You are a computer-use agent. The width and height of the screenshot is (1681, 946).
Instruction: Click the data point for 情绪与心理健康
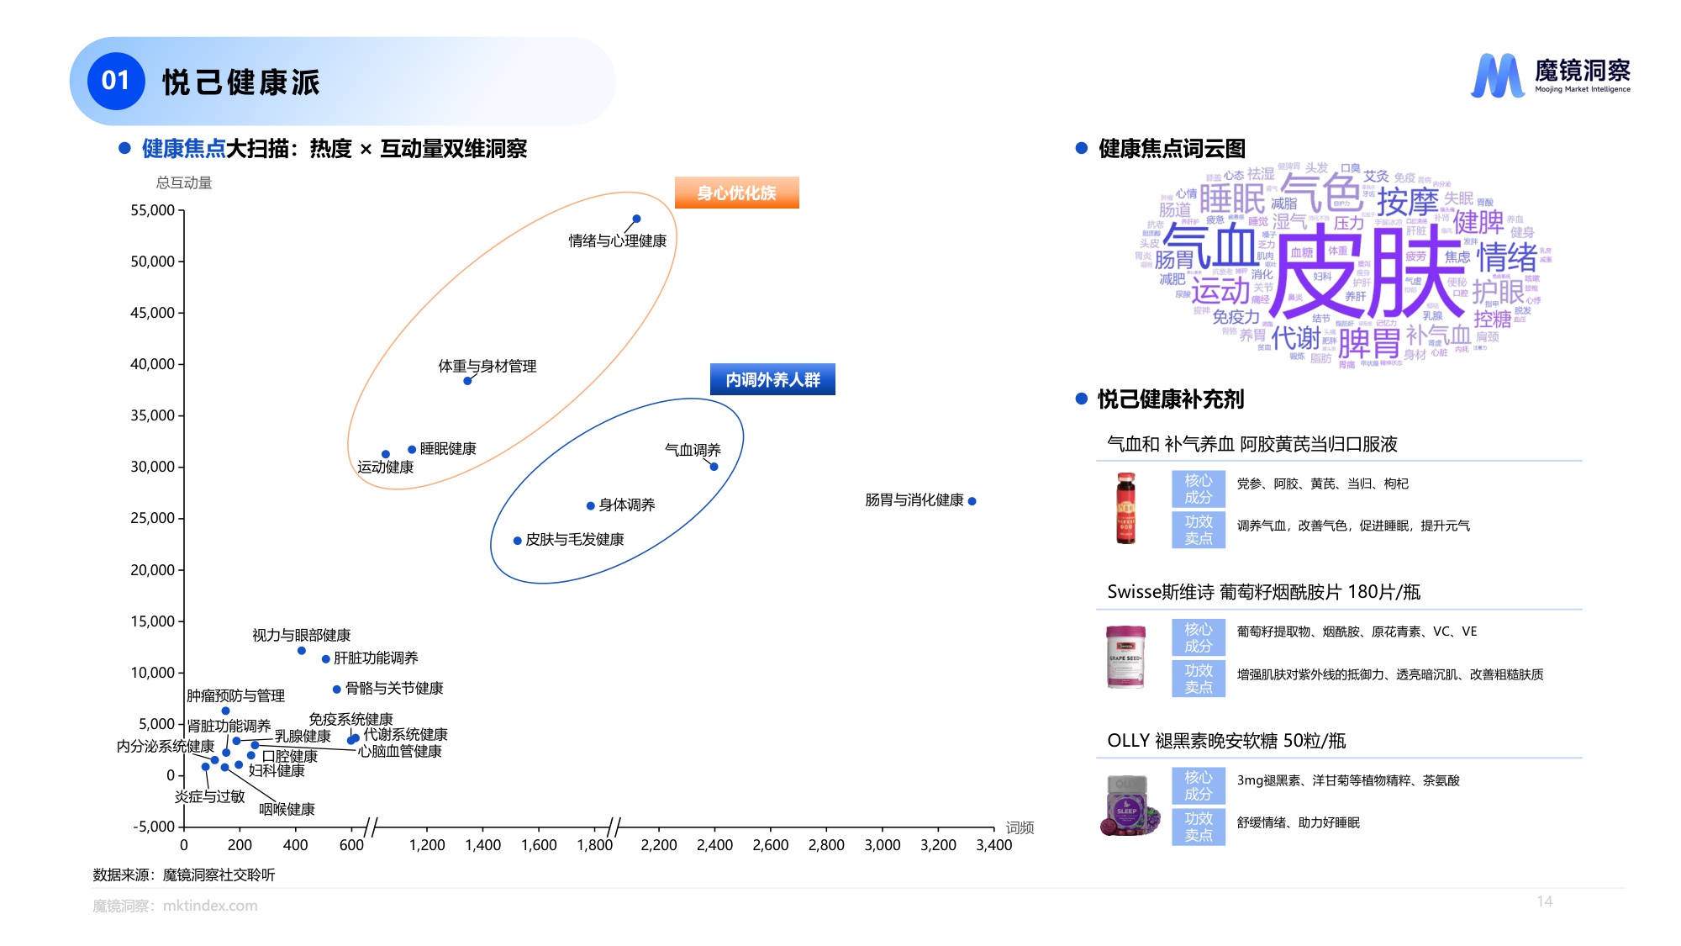636,219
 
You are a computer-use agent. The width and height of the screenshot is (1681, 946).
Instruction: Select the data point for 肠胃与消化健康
972,501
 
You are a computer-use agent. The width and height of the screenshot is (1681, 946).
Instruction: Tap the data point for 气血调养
714,467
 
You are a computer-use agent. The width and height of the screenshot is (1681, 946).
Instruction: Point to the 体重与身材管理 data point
467,381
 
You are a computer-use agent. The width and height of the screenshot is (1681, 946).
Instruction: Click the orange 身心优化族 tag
736,193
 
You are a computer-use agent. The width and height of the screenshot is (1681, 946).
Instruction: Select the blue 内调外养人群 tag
772,379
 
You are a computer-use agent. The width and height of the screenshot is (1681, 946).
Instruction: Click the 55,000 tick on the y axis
152,210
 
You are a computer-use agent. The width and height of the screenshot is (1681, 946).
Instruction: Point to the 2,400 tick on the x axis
714,845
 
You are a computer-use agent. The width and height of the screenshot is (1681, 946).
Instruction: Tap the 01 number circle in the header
116,81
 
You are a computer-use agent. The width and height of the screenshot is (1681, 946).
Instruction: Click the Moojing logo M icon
1497,76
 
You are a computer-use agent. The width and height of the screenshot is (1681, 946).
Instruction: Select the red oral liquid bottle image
1125,508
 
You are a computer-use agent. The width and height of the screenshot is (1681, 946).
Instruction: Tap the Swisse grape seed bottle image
1125,656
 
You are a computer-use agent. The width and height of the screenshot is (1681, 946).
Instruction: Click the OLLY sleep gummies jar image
1128,806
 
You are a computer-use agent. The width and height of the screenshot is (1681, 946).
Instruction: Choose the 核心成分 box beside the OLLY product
1198,785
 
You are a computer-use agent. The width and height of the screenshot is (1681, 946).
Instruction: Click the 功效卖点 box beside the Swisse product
1198,679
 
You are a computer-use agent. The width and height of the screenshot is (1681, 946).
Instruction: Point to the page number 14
1544,901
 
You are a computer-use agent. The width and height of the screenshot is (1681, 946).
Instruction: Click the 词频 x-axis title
1020,827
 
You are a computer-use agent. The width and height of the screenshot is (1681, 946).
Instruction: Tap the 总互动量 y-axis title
184,182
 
